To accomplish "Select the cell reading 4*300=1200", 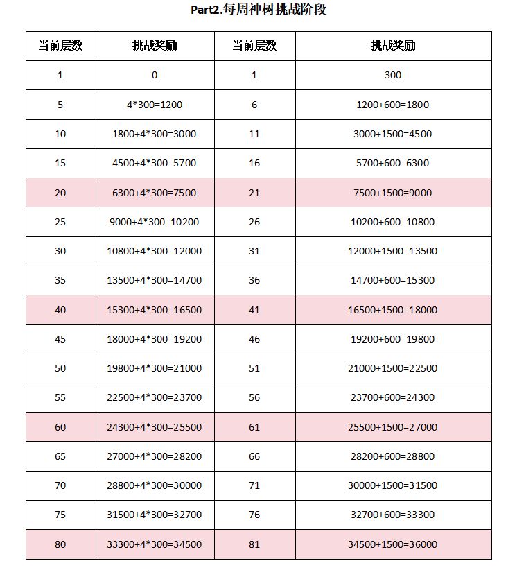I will pos(155,105).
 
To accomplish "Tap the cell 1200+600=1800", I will pos(393,105).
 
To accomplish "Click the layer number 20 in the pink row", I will pos(60,193).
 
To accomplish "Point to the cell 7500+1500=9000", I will pos(393,193).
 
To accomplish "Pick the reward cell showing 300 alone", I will pos(393,75).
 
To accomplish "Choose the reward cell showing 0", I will pos(155,75).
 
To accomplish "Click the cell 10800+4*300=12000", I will pos(155,251).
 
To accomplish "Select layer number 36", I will pos(254,280).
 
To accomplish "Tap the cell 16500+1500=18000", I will pos(393,310).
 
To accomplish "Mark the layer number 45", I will pos(60,339).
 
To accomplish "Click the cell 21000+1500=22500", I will pos(393,368).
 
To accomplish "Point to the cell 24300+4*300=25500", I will pos(155,427).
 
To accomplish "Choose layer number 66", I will pos(254,456).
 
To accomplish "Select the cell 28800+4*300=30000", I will pos(155,485).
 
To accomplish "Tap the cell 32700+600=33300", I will pos(393,515).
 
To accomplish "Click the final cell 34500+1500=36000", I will pos(393,544).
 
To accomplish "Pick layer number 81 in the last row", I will pos(254,544).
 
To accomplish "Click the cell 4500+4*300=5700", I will pos(155,163).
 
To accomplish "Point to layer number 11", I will pos(254,134).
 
